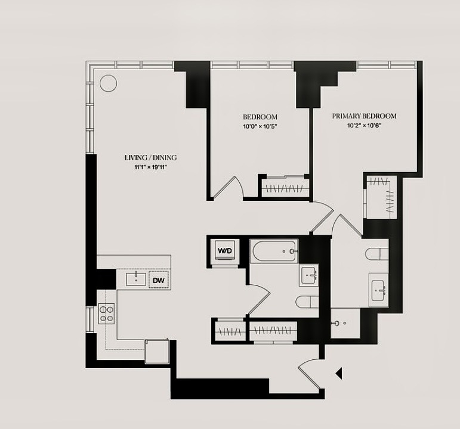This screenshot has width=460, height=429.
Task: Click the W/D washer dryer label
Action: pyautogui.click(x=225, y=250)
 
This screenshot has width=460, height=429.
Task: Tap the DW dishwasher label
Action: pyautogui.click(x=159, y=281)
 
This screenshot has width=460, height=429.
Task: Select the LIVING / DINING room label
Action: pyautogui.click(x=151, y=158)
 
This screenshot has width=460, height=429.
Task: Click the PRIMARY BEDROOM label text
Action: pyautogui.click(x=364, y=116)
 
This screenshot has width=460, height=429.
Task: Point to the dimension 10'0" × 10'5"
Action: pyautogui.click(x=260, y=126)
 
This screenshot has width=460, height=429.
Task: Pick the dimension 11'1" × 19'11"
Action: pyautogui.click(x=151, y=167)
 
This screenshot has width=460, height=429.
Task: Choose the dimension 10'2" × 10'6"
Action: pyautogui.click(x=364, y=126)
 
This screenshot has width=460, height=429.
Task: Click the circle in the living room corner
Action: pyautogui.click(x=108, y=83)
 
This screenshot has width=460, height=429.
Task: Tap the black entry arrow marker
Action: pyautogui.click(x=339, y=374)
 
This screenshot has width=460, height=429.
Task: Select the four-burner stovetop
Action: pyautogui.click(x=106, y=313)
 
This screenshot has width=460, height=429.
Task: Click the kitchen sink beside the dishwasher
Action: pyautogui.click(x=136, y=279)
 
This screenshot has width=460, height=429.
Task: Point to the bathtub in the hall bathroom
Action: pyautogui.click(x=274, y=251)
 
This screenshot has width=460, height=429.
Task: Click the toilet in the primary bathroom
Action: pyautogui.click(x=377, y=254)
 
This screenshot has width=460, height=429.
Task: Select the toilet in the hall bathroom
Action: pyautogui.click(x=307, y=302)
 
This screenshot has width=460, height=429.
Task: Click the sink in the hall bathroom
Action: pyautogui.click(x=308, y=275)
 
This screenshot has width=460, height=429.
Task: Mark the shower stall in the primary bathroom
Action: pyautogui.click(x=345, y=323)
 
